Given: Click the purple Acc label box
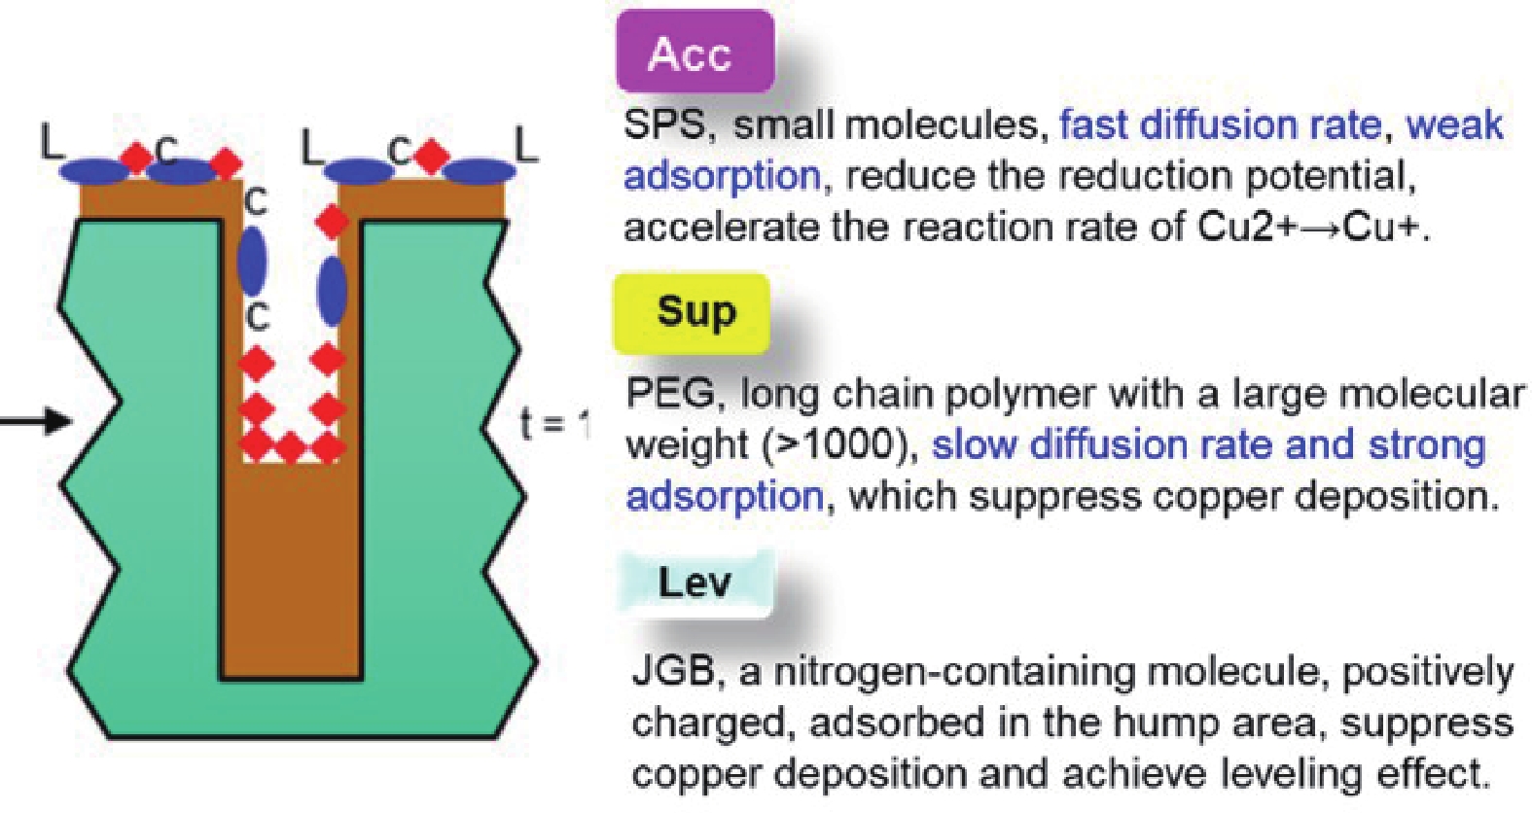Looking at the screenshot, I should pos(694,52).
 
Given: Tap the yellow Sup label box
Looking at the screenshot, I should pos(692,312).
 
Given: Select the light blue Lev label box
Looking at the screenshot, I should pos(695,583).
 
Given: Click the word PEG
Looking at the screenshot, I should pos(670,394).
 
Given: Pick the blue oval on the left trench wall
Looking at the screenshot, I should pos(252,260).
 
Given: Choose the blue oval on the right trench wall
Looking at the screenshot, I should pos(332,290).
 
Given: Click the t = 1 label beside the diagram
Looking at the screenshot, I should pos(554,424).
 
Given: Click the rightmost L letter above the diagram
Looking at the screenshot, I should pos(525,148).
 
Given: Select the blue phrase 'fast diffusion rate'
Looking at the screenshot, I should pos(1220,125).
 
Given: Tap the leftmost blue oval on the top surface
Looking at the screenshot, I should pos(94,172).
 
